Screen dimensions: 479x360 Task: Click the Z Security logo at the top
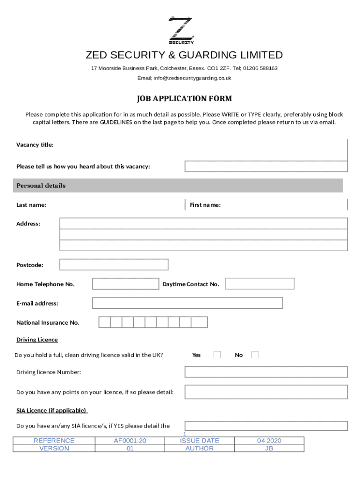click(x=180, y=30)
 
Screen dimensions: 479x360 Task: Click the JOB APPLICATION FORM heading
click(x=184, y=99)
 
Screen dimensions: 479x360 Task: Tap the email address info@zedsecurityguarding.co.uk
click(x=184, y=78)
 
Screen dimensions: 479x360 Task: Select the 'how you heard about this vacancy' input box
click(x=266, y=167)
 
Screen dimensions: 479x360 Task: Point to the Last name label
click(x=31, y=205)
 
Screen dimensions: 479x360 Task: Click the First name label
click(x=205, y=205)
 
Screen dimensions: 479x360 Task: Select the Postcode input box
click(x=114, y=265)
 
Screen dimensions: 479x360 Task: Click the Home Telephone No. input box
click(x=125, y=284)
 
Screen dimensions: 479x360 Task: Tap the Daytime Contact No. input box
click(x=260, y=284)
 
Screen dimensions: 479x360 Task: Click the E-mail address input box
click(x=187, y=303)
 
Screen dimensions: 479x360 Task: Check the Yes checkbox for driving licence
click(x=217, y=355)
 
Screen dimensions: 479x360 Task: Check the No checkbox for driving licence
click(x=255, y=355)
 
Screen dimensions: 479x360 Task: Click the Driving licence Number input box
click(x=266, y=372)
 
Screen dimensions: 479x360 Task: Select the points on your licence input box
click(x=266, y=392)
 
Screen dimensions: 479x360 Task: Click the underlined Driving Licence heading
click(x=37, y=340)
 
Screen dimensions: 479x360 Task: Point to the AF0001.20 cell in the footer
click(x=130, y=441)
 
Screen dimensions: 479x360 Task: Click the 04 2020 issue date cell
click(x=269, y=441)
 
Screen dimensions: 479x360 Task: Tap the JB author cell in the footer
click(x=269, y=448)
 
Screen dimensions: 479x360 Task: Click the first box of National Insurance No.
click(x=104, y=322)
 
